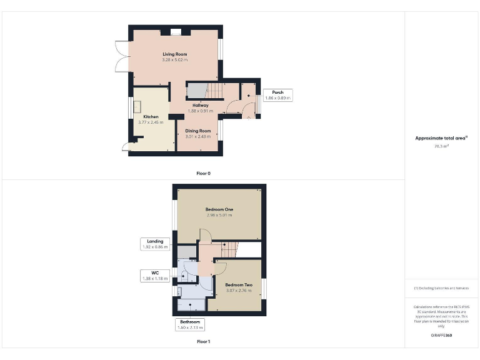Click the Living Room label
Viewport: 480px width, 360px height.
pyautogui.click(x=174, y=54)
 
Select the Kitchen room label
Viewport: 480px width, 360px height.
pyautogui.click(x=151, y=117)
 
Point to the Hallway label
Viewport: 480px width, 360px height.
pyautogui.click(x=200, y=105)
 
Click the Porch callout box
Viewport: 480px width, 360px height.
pyautogui.click(x=277, y=95)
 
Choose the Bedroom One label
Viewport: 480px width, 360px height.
pyautogui.click(x=219, y=209)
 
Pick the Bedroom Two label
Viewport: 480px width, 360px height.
pyautogui.click(x=237, y=285)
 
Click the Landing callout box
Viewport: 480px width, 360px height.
pyautogui.click(x=155, y=244)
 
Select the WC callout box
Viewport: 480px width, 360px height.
pyautogui.click(x=156, y=275)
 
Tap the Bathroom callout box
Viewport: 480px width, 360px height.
pyautogui.click(x=191, y=324)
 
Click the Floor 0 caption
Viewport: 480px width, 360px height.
pyautogui.click(x=203, y=173)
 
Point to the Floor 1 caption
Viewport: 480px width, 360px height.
pyautogui.click(x=203, y=342)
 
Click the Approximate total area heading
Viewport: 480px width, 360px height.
pyautogui.click(x=441, y=138)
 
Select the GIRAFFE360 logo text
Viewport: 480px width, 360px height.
pyautogui.click(x=441, y=336)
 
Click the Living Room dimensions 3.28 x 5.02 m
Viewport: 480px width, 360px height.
pyautogui.click(x=174, y=60)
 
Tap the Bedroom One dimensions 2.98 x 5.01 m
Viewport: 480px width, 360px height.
pyautogui.click(x=219, y=215)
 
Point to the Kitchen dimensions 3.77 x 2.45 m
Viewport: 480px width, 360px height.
pyautogui.click(x=151, y=122)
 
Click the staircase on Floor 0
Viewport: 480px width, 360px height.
pyautogui.click(x=214, y=91)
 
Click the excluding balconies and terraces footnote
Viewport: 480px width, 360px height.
pyautogui.click(x=441, y=288)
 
